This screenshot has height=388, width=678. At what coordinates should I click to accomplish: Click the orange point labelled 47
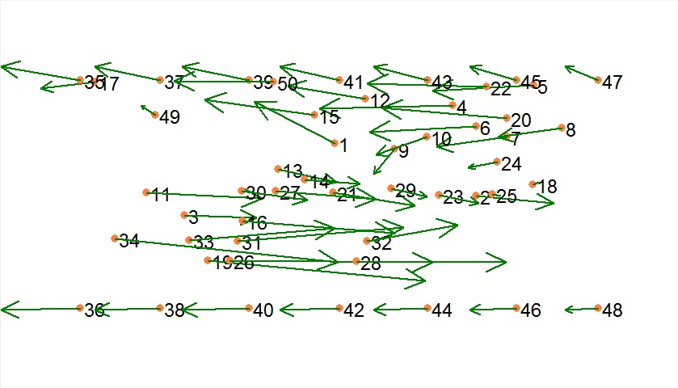point(598,80)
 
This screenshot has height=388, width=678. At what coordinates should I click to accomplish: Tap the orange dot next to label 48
point(598,308)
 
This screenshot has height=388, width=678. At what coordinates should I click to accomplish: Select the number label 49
point(170,118)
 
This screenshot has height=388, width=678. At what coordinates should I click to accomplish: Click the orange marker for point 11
point(146,192)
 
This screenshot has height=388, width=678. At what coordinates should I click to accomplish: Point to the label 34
point(129,241)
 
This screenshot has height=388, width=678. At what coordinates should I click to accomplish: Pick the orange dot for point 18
point(533,184)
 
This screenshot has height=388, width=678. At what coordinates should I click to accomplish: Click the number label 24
point(512,165)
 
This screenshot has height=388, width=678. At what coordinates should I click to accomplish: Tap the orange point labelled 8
point(562,128)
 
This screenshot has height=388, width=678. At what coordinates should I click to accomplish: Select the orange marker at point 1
point(335,143)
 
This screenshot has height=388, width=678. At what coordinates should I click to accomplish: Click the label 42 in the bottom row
point(354,311)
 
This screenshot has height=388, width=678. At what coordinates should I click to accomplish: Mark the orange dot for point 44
point(427,308)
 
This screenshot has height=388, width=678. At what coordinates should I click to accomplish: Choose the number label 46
point(531,311)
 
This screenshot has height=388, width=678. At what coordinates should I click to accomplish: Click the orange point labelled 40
point(250,308)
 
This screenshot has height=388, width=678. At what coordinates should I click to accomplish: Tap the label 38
point(175,311)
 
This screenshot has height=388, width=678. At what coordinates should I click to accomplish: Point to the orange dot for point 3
point(185,215)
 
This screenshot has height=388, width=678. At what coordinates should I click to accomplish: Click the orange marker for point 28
point(356,261)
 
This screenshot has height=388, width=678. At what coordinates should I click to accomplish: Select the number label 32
point(381,243)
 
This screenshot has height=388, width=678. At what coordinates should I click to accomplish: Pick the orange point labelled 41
point(339,80)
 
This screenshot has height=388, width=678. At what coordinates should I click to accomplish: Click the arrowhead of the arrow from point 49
point(141,105)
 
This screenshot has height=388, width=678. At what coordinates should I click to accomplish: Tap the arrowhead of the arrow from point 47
point(565,66)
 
